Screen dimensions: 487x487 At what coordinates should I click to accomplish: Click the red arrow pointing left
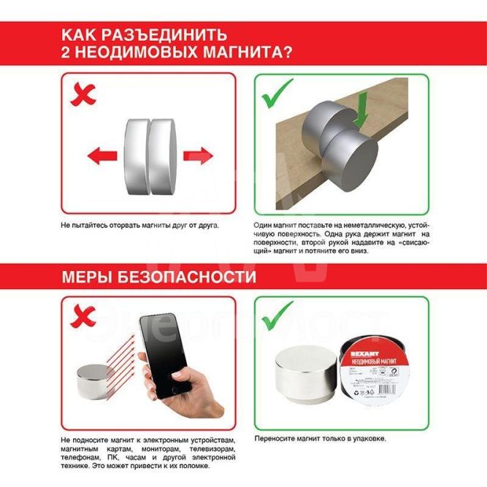click(101, 155)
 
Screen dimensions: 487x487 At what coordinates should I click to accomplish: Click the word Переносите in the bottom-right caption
click(275, 439)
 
